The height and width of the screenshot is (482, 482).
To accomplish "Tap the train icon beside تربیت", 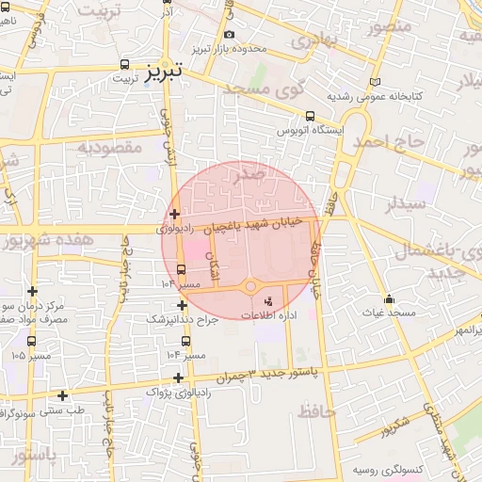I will pyautogui.click(x=125, y=65).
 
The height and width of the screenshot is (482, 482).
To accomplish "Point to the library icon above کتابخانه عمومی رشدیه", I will pyautogui.click(x=377, y=82).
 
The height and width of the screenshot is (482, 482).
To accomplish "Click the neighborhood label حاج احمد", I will pyautogui.click(x=388, y=141).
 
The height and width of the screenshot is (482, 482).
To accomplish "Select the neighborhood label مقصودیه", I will pyautogui.click(x=109, y=148).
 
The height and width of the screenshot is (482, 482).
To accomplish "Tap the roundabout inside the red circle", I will pyautogui.click(x=251, y=286).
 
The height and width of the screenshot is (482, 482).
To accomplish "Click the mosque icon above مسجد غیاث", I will pyautogui.click(x=390, y=299).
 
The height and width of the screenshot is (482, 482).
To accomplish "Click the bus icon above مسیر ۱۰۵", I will pyautogui.click(x=31, y=342).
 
